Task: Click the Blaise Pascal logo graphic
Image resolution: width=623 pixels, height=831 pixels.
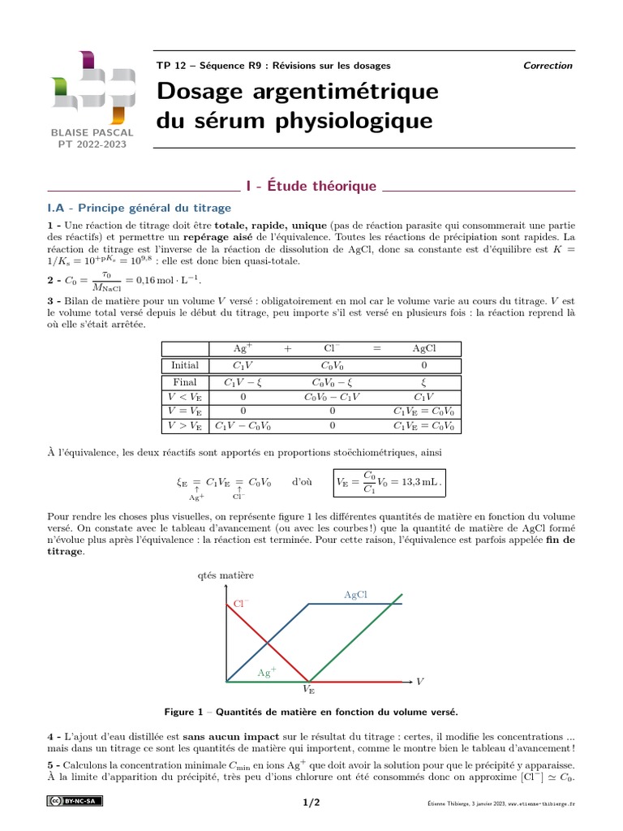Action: point(87,86)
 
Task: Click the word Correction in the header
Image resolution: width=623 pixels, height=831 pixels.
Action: point(548,66)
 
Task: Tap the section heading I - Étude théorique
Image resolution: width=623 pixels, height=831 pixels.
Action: point(311,187)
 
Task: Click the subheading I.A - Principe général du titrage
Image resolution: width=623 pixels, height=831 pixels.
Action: point(139,208)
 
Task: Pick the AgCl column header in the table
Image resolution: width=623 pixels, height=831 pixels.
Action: point(424,348)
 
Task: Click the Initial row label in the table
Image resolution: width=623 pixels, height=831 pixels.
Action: point(185,365)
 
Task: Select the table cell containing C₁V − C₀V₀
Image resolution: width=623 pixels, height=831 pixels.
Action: point(242,425)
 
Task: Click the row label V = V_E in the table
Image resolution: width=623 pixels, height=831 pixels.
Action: point(185,411)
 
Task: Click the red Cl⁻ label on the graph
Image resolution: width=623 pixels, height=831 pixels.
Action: point(241,603)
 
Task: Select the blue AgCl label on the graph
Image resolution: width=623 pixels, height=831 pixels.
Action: point(355,595)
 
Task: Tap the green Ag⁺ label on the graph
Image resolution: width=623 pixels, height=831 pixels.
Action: point(267,673)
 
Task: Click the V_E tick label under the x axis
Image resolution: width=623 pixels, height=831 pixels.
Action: point(309,690)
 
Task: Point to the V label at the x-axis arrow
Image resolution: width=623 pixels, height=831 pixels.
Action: point(420,680)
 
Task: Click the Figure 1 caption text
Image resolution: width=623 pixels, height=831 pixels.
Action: point(311,712)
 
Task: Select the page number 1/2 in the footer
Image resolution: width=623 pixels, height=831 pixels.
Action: point(311,803)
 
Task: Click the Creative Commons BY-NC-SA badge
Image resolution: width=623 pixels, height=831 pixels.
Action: point(74,802)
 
